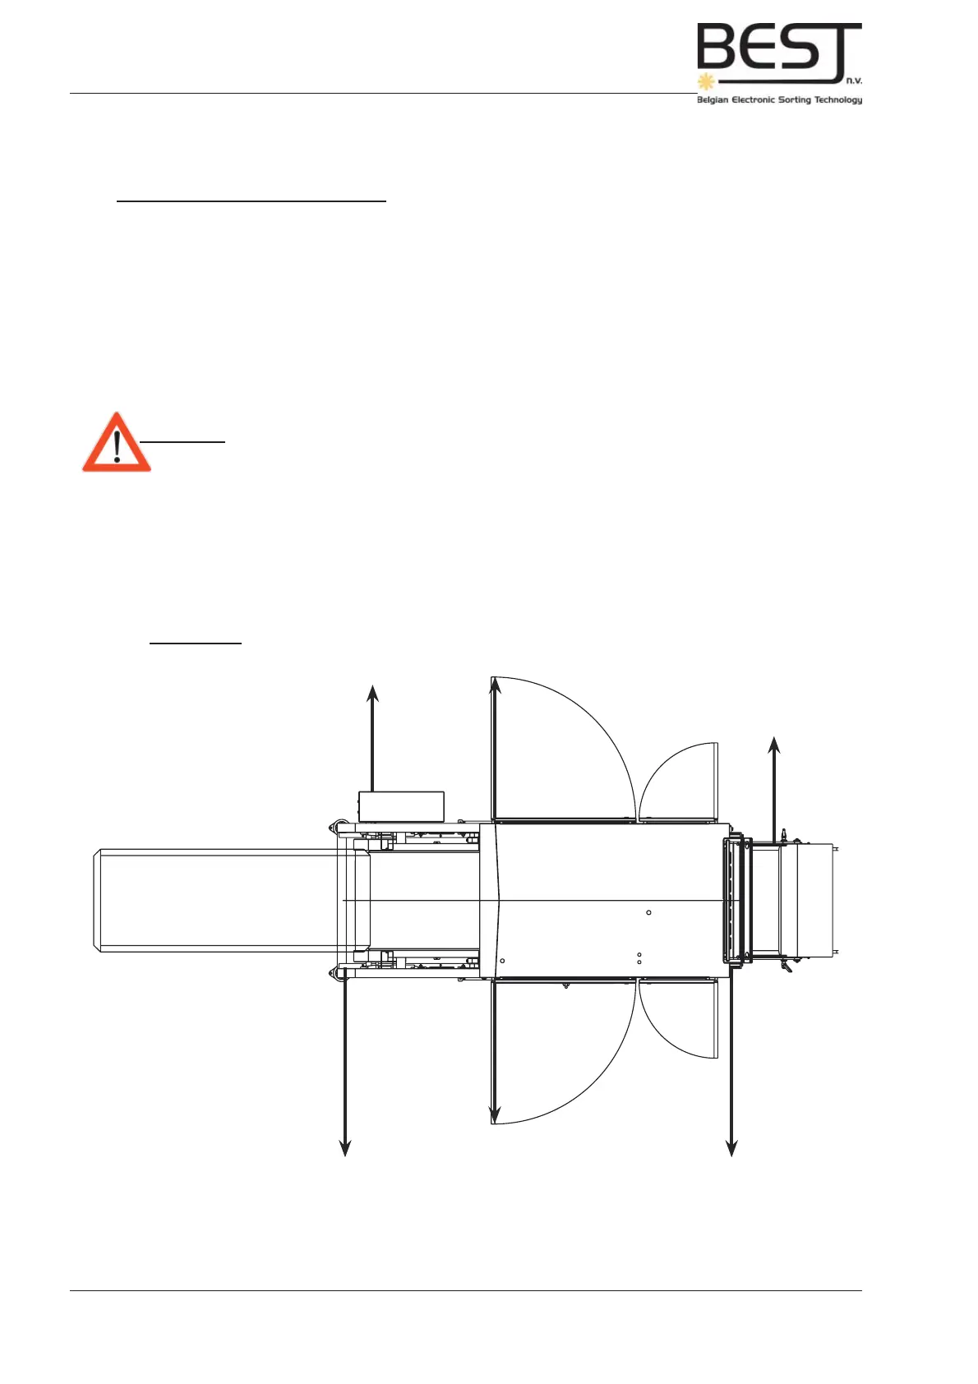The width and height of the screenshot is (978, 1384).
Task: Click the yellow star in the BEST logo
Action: [x=704, y=81]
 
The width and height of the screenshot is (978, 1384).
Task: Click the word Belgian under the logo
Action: [x=713, y=100]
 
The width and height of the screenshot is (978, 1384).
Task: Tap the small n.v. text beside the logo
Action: [x=853, y=81]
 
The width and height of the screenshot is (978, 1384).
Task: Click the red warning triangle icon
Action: [x=117, y=444]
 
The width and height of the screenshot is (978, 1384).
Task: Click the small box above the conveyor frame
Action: [x=401, y=806]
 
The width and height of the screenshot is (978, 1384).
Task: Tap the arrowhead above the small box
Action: [x=373, y=693]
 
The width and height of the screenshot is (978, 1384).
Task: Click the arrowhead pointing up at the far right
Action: [x=773, y=745]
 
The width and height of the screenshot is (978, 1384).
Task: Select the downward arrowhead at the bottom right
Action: [x=731, y=1148]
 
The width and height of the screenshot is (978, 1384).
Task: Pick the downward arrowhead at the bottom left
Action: [x=346, y=1148]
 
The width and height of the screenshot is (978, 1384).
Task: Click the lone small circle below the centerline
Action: [x=648, y=912]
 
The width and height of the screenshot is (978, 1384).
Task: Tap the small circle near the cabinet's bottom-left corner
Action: [x=502, y=961]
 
